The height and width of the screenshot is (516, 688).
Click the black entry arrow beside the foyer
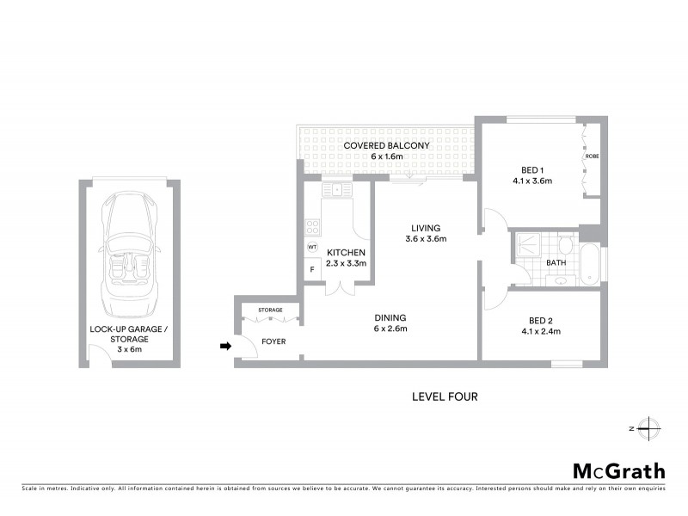(x=225, y=347)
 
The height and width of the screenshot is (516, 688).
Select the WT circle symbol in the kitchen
(x=312, y=247)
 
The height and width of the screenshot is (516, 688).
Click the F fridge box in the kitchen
(x=312, y=269)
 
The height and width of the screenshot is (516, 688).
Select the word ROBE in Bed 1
(x=592, y=157)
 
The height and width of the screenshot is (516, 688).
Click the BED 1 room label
(x=531, y=169)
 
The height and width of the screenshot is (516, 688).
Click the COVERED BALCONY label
(x=386, y=145)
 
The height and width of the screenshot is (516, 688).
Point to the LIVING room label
(x=426, y=227)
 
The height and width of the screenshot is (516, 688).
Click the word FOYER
(x=273, y=341)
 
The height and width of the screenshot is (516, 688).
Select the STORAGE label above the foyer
(x=270, y=309)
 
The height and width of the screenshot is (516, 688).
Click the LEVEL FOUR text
(x=445, y=396)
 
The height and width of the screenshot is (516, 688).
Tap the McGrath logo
(x=619, y=470)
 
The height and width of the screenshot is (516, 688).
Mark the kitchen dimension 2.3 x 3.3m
(x=346, y=263)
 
